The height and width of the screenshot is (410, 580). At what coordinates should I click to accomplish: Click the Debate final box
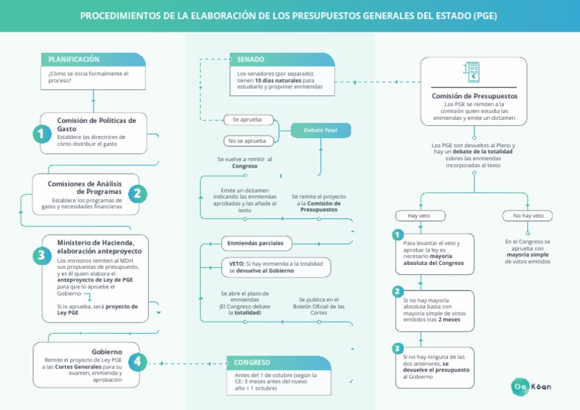(320, 131)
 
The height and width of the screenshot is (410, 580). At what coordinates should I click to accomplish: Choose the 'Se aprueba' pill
(248, 120)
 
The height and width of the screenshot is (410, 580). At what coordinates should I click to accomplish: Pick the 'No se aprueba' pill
(248, 141)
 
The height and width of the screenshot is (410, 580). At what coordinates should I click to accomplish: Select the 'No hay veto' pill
(527, 216)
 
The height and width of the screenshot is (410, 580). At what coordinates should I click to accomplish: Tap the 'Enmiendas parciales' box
(255, 243)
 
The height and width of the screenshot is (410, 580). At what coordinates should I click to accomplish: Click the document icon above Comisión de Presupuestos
(474, 73)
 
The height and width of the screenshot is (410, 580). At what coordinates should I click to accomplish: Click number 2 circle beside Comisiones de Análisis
(137, 193)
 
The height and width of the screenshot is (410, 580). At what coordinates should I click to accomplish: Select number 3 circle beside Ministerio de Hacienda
(40, 256)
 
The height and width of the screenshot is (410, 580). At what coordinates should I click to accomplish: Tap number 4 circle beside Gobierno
(137, 362)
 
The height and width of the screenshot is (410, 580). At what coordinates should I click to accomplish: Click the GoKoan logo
(532, 387)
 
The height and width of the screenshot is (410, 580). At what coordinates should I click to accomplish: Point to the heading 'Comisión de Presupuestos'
(474, 96)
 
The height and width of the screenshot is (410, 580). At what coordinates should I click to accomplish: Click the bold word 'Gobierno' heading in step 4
(106, 351)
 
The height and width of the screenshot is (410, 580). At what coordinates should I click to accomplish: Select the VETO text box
(276, 266)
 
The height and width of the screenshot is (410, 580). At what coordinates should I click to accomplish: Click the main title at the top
(289, 16)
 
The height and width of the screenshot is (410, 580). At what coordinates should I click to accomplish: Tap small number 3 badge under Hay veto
(398, 348)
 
